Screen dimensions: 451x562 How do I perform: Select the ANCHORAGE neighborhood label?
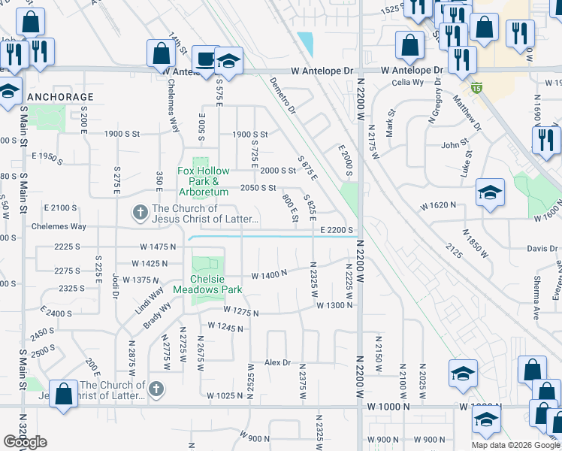61,97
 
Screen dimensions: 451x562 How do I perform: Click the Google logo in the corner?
25,442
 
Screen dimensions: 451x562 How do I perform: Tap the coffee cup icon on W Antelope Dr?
205,59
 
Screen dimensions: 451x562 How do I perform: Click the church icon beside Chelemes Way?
139,213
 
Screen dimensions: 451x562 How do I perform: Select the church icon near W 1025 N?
156,389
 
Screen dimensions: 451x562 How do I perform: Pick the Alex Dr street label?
277,362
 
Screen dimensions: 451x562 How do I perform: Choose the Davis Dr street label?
542,249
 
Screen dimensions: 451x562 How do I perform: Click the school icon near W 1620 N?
489,193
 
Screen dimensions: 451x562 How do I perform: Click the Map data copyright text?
515,444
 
